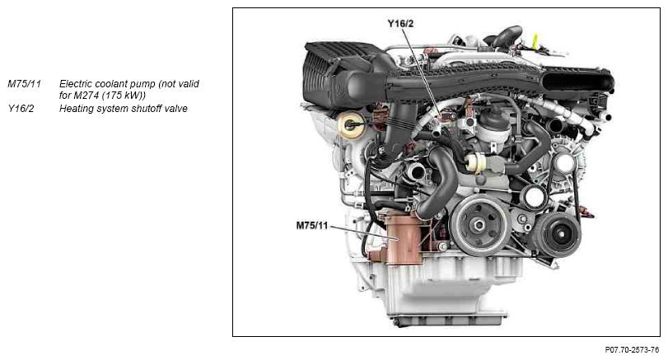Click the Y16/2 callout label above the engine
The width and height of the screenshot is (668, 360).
pyautogui.click(x=400, y=23)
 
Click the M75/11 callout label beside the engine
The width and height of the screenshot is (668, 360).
pyautogui.click(x=312, y=225)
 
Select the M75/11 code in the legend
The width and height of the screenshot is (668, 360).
pyautogui.click(x=24, y=84)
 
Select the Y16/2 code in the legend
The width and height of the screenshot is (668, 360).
pyautogui.click(x=21, y=109)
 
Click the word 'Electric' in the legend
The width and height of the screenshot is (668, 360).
pyautogui.click(x=76, y=84)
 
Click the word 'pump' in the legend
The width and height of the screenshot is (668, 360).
pyautogui.click(x=143, y=84)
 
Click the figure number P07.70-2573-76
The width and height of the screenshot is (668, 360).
pyautogui.click(x=632, y=350)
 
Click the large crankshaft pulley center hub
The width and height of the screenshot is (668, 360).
pyautogui.click(x=479, y=225)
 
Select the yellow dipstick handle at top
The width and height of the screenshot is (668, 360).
pyautogui.click(x=535, y=41)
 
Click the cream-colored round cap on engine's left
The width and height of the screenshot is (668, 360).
pyautogui.click(x=352, y=125)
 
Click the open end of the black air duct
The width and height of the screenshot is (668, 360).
pyautogui.click(x=579, y=81)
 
